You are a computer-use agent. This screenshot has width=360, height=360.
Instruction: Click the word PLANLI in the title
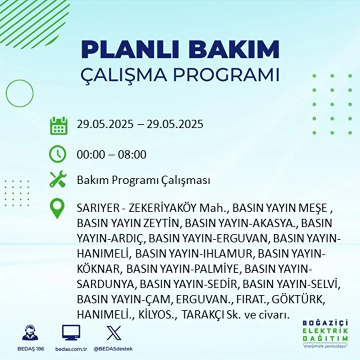[129, 49]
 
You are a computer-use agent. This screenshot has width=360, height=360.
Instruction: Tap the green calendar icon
[58, 125]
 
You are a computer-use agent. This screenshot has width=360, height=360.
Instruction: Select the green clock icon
[57, 154]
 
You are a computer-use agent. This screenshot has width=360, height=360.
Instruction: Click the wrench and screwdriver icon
[58, 179]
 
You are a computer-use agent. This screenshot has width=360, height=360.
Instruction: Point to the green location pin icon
[57, 208]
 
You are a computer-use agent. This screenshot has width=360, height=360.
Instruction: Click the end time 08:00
[132, 154]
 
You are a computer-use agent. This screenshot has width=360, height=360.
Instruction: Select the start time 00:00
[90, 154]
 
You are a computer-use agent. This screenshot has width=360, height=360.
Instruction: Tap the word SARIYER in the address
[98, 208]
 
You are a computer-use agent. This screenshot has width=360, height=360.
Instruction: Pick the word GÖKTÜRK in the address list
[298, 299]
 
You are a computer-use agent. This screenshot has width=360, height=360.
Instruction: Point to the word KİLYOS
[157, 314]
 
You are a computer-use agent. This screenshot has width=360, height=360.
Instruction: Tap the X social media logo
[114, 333]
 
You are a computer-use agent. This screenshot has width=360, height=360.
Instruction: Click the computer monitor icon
[71, 332]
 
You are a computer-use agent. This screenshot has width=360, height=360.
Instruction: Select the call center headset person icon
[30, 332]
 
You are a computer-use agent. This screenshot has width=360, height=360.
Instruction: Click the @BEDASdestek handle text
[113, 349]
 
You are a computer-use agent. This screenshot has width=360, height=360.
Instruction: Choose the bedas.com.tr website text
[71, 349]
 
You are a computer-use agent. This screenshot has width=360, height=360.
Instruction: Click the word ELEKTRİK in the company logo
[325, 331]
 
